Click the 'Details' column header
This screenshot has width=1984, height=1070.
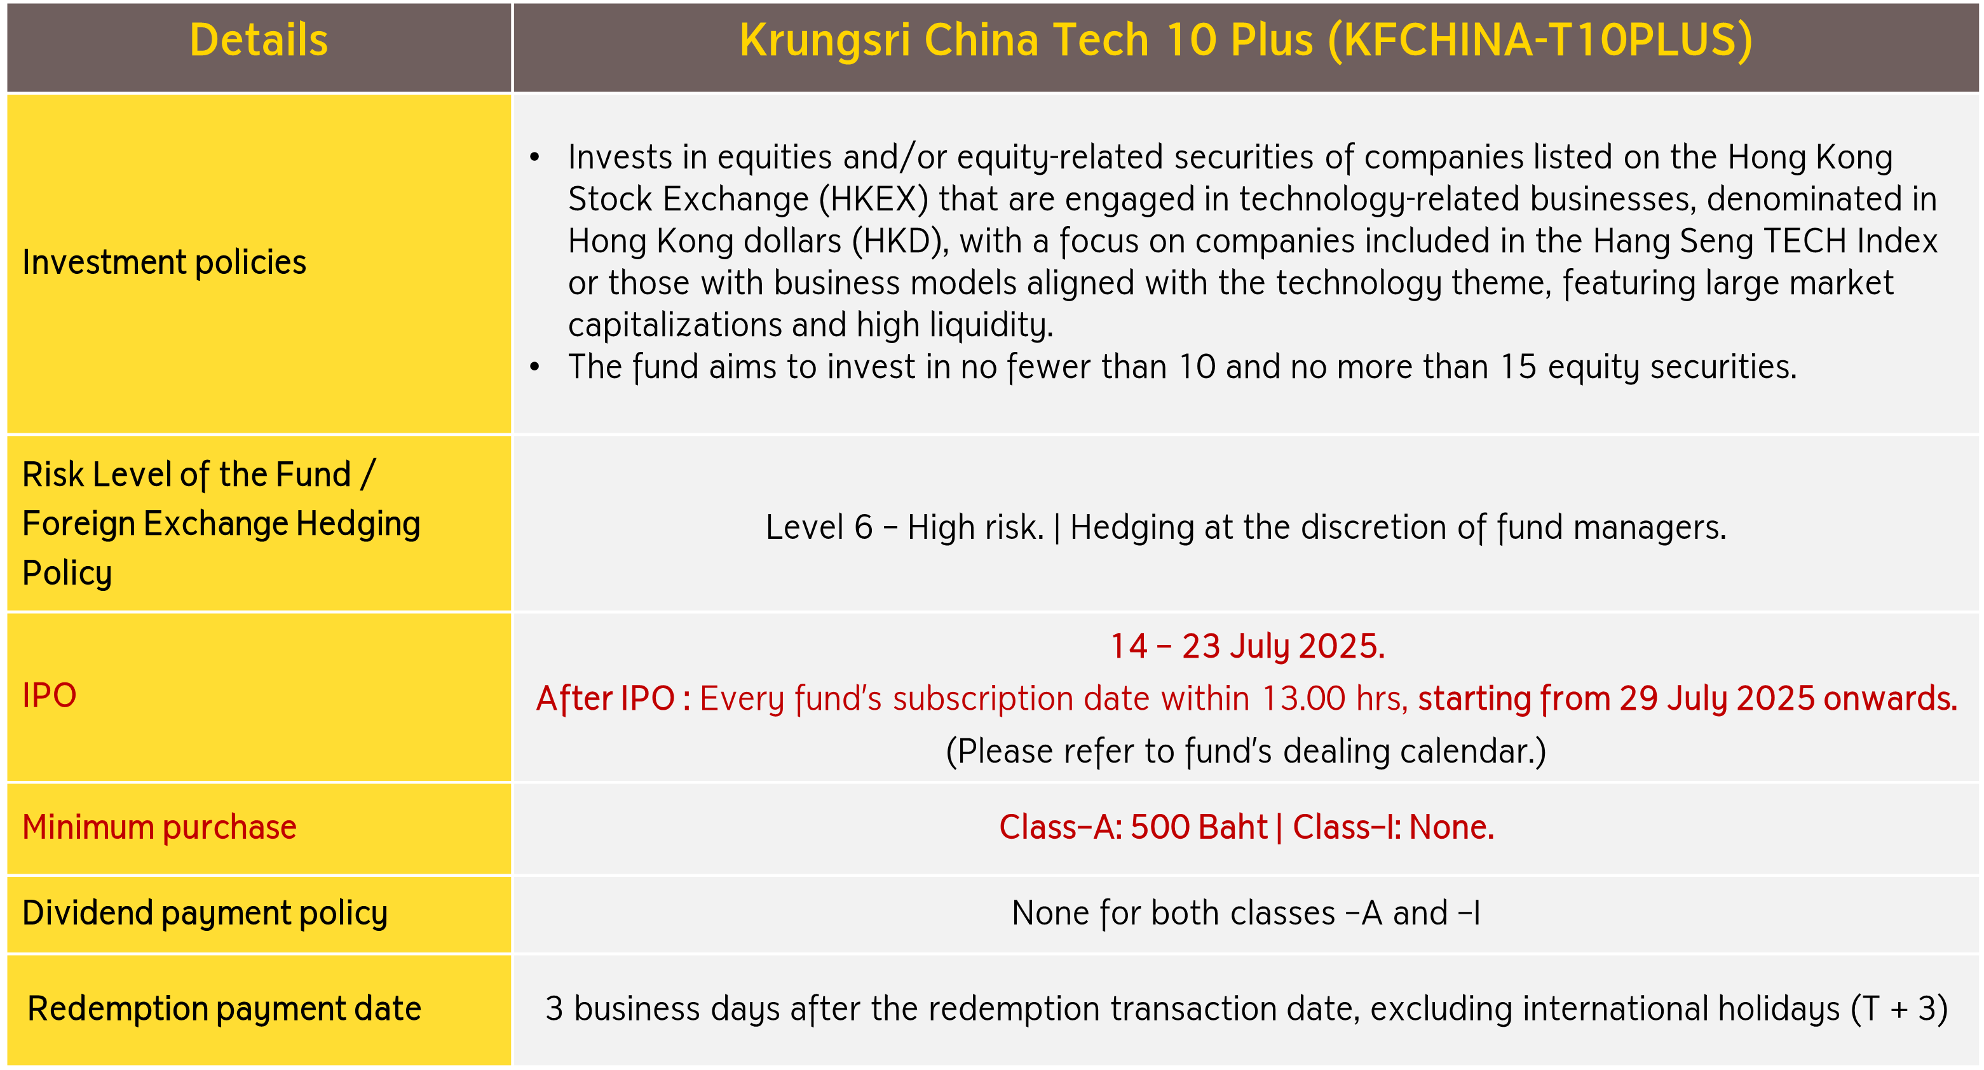[259, 40]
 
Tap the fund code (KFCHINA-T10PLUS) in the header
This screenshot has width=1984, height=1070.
[1540, 40]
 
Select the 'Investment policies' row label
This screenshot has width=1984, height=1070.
[164, 262]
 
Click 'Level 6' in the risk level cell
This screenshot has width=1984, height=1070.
[819, 527]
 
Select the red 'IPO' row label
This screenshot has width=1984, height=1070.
[50, 696]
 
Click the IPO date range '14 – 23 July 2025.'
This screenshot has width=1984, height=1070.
[1247, 647]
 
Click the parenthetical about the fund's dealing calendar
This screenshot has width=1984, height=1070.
[1246, 751]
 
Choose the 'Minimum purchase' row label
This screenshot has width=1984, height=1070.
[160, 827]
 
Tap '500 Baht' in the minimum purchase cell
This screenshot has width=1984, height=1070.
[1199, 827]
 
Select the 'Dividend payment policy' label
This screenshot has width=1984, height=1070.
[205, 914]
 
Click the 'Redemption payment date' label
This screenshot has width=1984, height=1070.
[224, 1009]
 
